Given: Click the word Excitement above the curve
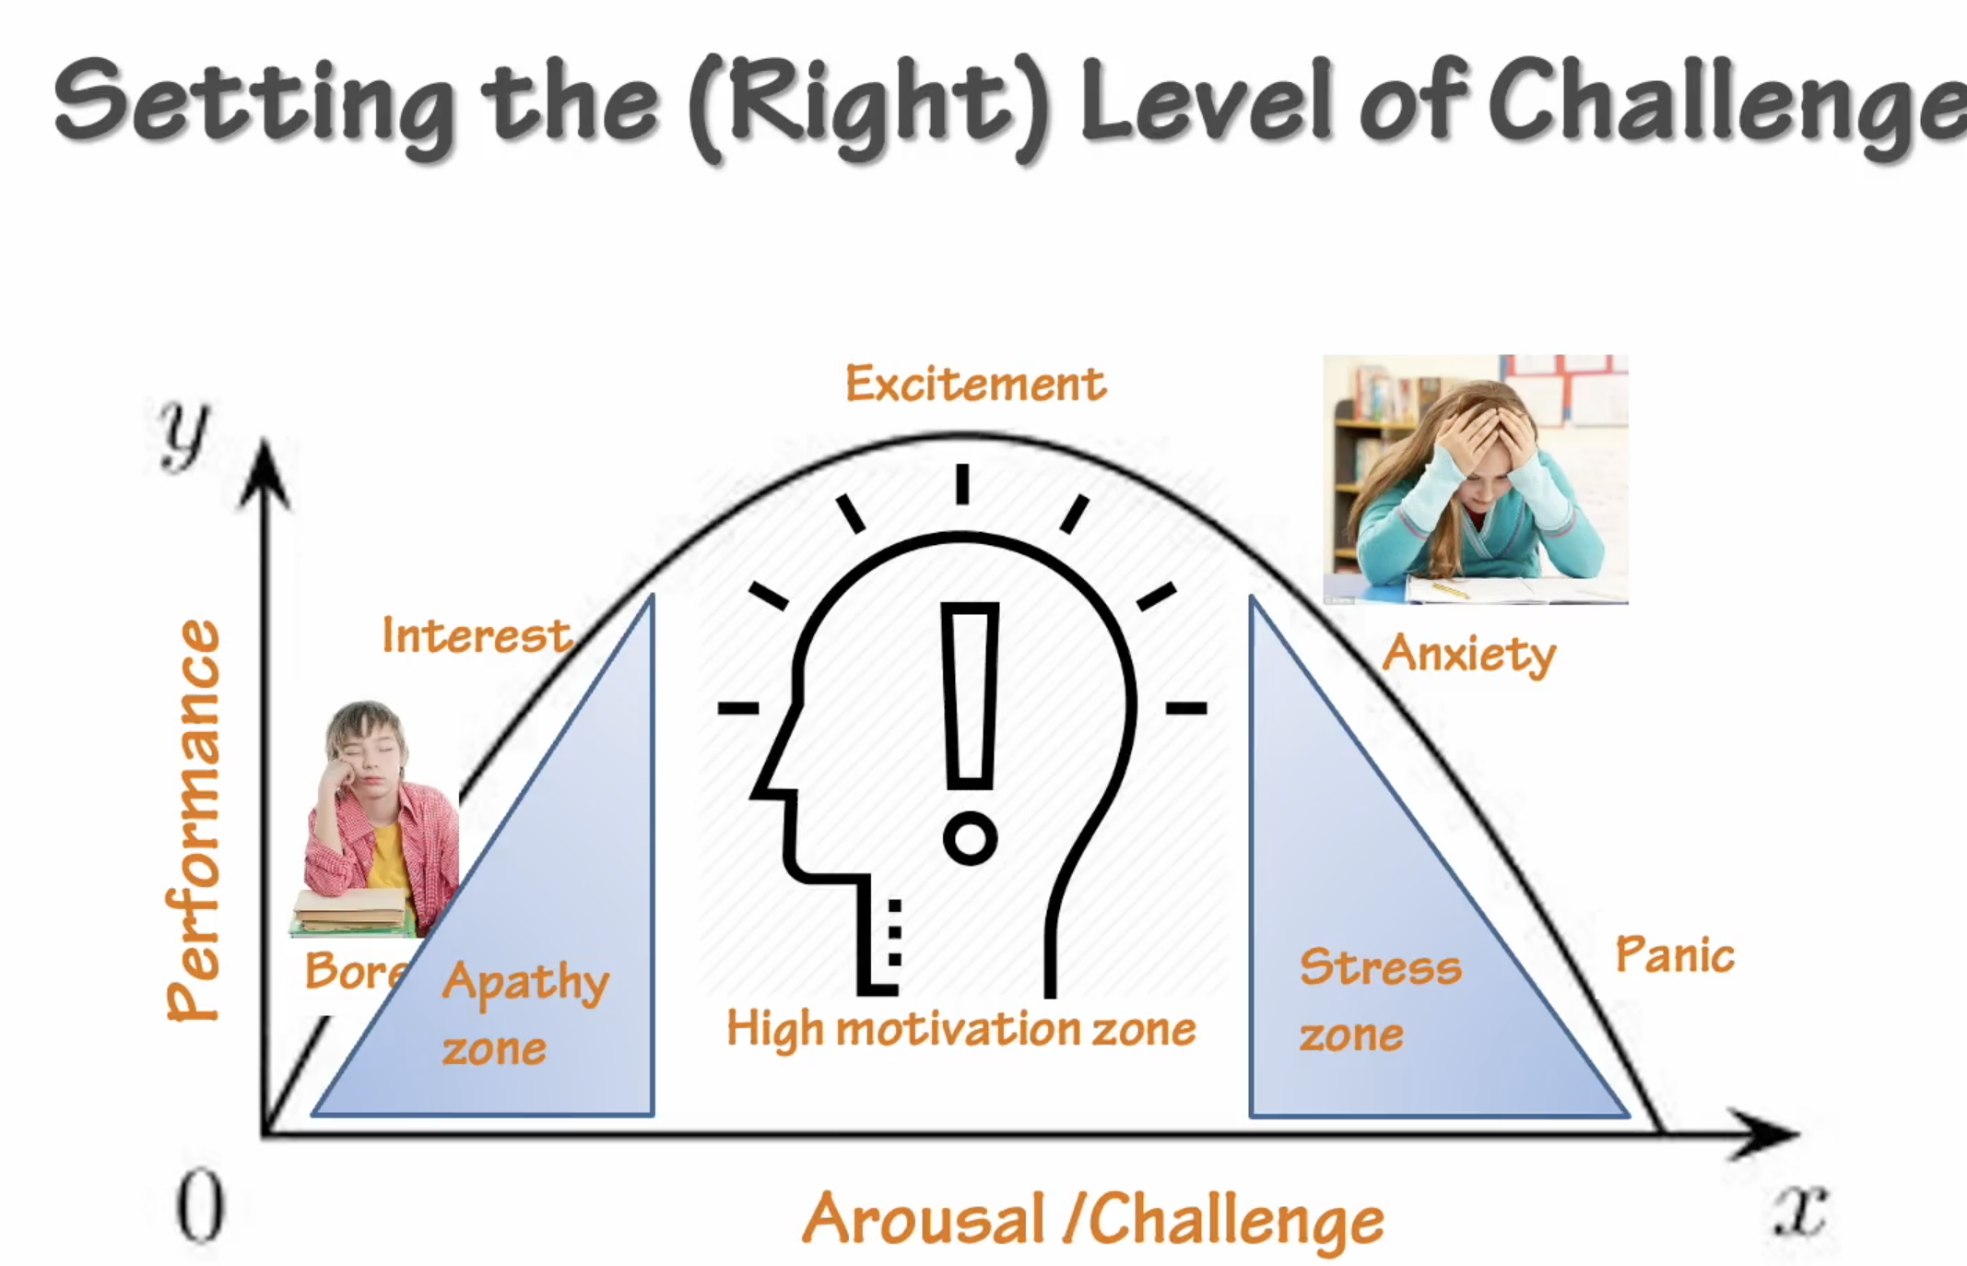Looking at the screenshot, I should (x=975, y=384).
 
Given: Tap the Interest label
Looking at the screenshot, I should (x=476, y=635).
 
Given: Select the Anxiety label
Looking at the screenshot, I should (x=1468, y=654).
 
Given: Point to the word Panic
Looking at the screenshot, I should (x=1675, y=954).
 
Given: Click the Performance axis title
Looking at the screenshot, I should (x=194, y=820).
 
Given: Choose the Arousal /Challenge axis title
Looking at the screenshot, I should (x=1092, y=1219).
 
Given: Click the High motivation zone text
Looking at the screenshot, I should (x=960, y=1028).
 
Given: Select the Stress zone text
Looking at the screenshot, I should (x=1379, y=1000).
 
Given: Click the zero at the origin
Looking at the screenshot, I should (x=199, y=1206).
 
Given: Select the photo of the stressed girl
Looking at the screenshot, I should (x=1475, y=479).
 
